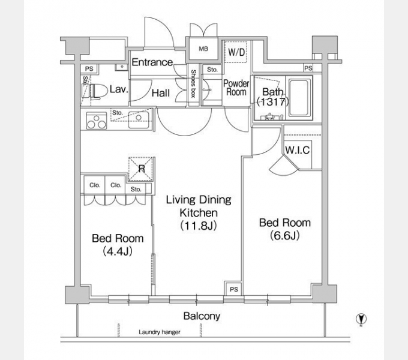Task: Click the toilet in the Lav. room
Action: pos(98,92)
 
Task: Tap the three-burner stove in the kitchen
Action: pos(97,121)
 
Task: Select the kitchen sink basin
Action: pos(139,120)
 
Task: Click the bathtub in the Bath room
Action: pos(299,98)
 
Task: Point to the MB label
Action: pos(203,49)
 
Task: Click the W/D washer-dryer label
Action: pos(236,52)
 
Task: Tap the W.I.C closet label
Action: pos(298,150)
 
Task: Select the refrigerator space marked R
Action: pos(141,169)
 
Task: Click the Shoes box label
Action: pos(193,83)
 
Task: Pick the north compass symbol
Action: pos(361,319)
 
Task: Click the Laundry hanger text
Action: pos(160,332)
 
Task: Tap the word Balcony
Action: pos(202,316)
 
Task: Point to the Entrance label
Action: pos(152,62)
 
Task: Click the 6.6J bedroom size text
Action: pos(285,236)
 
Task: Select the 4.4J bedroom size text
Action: pos(118,251)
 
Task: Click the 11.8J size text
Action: pos(199,226)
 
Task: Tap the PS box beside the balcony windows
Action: pos(233,289)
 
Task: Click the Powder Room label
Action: pos(236,88)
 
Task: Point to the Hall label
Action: pos(161,93)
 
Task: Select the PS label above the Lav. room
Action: pos(89,69)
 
